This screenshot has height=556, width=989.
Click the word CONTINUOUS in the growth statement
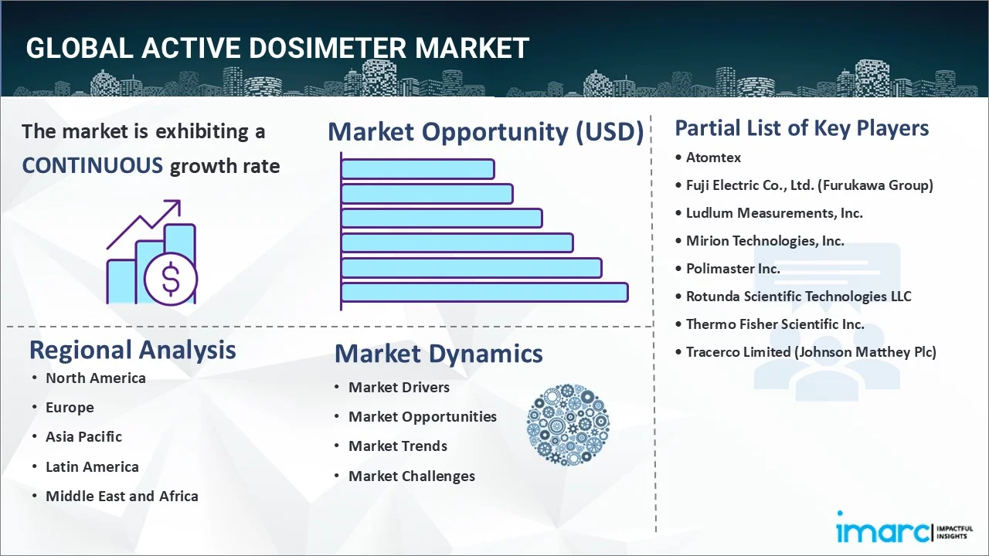[x=92, y=165]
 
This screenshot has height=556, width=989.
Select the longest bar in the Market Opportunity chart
[x=484, y=292]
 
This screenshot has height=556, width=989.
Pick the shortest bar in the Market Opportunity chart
[x=417, y=168]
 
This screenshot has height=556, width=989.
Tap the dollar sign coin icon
[x=171, y=280]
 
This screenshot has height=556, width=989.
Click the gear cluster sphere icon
[x=568, y=425]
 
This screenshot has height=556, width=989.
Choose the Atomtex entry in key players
[x=713, y=158]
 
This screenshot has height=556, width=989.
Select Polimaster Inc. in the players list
[x=732, y=269]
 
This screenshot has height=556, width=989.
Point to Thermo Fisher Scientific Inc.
[x=775, y=324]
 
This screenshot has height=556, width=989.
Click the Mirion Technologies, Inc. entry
[x=765, y=241]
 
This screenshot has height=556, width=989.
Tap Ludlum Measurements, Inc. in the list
[x=774, y=213]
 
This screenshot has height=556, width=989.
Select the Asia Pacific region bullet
[x=83, y=437]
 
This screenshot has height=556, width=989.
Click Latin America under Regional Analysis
[x=92, y=467]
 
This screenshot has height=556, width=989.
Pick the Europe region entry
[x=70, y=408]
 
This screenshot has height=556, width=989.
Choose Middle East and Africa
[x=121, y=497]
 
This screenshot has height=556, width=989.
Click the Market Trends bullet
[x=397, y=446]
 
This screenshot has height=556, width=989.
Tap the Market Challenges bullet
[x=411, y=476]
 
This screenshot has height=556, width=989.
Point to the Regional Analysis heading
[x=132, y=350]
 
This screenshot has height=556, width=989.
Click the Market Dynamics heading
[x=438, y=354]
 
